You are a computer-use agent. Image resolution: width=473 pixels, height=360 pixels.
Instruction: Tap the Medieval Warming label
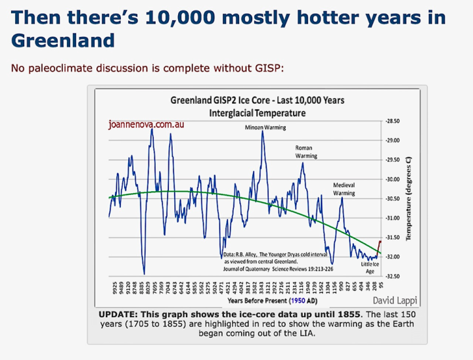point(344,189)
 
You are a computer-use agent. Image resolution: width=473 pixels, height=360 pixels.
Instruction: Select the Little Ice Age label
point(370,267)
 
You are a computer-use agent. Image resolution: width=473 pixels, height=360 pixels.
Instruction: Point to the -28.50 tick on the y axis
point(393,122)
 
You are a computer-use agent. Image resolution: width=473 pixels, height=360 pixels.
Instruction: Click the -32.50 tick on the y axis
point(393,276)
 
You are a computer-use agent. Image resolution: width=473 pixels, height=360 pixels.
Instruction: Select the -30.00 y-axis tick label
point(393,179)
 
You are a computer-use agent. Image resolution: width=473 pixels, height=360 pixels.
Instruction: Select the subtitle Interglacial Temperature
point(257,112)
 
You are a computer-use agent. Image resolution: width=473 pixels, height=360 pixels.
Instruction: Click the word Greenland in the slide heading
point(63,41)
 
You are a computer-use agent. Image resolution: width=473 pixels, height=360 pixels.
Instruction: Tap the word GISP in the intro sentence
point(273,68)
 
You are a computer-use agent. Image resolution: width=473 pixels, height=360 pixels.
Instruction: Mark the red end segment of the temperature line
point(379,247)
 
